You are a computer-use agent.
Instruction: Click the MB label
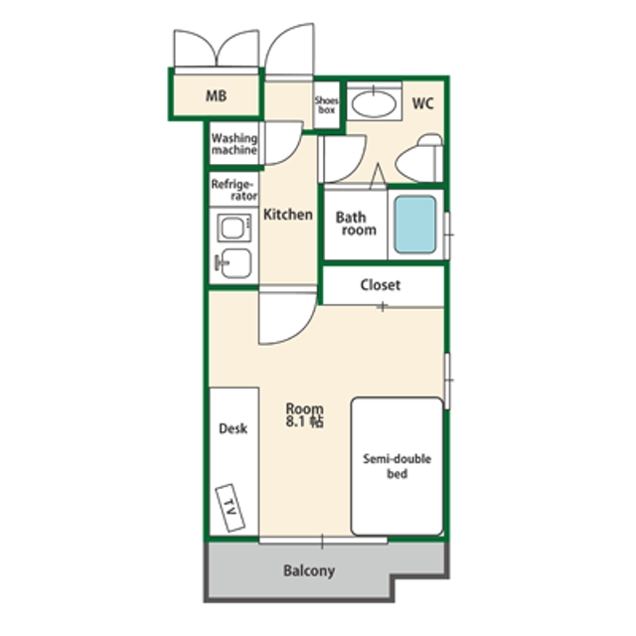click(x=216, y=96)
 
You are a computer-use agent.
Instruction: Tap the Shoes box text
click(x=327, y=105)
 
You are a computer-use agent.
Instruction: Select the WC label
click(x=422, y=103)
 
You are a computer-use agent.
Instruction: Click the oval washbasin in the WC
click(x=374, y=104)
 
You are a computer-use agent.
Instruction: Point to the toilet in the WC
click(x=419, y=159)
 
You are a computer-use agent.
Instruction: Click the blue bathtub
click(x=415, y=225)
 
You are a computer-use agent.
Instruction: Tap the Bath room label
click(x=356, y=224)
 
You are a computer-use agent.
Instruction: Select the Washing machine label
click(x=235, y=144)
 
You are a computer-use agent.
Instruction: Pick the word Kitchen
click(x=288, y=215)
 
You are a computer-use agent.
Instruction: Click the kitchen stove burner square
click(x=235, y=228)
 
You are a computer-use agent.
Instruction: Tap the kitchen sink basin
click(x=236, y=263)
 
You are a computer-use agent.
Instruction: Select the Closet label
click(x=380, y=285)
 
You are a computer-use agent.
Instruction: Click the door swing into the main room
click(x=287, y=315)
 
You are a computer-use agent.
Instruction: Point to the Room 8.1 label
click(x=305, y=415)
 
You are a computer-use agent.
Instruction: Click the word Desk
click(x=233, y=428)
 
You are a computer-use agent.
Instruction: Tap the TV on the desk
click(x=230, y=508)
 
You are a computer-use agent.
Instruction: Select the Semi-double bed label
click(x=397, y=466)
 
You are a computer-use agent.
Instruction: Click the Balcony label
click(x=309, y=571)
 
